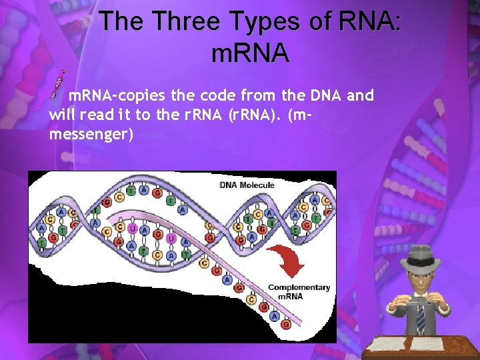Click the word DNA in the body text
click(x=329, y=96)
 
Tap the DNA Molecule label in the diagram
click(x=247, y=185)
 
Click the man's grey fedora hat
click(x=421, y=256)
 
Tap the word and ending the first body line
click(x=361, y=96)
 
